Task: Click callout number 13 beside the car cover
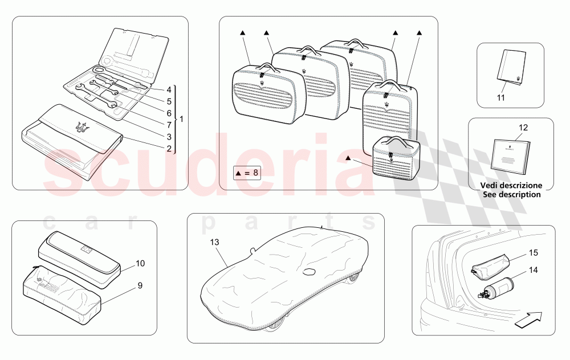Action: [214, 242]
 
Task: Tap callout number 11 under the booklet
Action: [501, 98]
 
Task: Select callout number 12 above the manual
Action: [523, 128]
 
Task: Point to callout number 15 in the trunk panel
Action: [534, 252]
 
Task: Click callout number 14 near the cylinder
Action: [534, 270]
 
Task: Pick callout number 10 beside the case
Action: [140, 263]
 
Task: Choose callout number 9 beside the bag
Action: [140, 285]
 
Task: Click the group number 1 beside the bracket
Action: [181, 119]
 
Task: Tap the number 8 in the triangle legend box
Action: [255, 173]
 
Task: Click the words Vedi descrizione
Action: [511, 185]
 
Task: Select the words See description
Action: [511, 194]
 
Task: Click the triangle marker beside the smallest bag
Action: [348, 158]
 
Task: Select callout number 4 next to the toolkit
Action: [169, 90]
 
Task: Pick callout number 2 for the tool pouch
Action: [169, 148]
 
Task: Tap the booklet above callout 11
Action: [511, 68]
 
